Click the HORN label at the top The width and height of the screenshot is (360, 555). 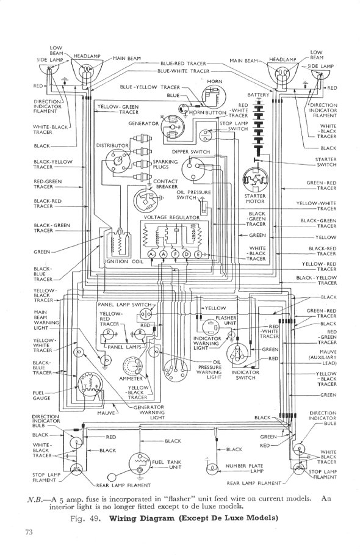tap(214, 81)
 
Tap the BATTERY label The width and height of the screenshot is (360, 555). tap(258, 95)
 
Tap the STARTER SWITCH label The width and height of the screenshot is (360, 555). tap(326, 162)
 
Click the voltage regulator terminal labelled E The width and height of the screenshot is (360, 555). tap(196, 253)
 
